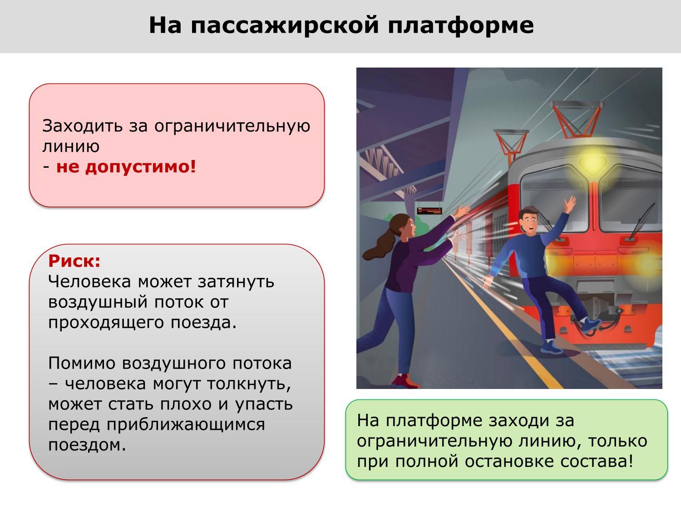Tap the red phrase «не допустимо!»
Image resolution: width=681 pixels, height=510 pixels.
pyautogui.click(x=126, y=167)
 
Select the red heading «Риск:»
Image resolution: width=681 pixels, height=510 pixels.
pyautogui.click(x=74, y=261)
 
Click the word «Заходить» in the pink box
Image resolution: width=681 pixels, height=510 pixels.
pyautogui.click(x=82, y=126)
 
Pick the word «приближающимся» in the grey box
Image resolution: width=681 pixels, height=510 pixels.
pyautogui.click(x=186, y=425)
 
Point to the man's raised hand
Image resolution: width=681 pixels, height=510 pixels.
pyautogui.click(x=570, y=205)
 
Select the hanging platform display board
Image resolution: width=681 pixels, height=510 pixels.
pyautogui.click(x=429, y=211)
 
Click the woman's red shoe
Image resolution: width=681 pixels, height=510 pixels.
pyautogui.click(x=404, y=381)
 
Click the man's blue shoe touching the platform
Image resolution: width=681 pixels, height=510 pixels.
pyautogui.click(x=551, y=347)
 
